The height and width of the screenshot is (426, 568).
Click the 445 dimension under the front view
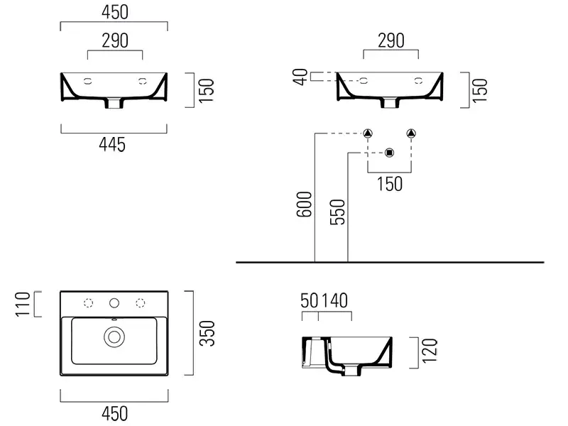(x=113, y=145)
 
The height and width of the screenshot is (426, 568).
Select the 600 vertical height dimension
(x=303, y=207)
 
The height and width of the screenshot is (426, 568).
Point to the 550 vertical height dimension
(x=338, y=212)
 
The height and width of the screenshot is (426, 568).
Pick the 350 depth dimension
(x=207, y=333)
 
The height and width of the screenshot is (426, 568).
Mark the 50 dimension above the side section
(x=309, y=301)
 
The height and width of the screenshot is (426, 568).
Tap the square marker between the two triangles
(x=389, y=152)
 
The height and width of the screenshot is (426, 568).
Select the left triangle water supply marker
(x=368, y=133)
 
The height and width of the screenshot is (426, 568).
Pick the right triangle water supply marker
(x=411, y=133)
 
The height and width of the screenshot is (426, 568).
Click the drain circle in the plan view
(x=114, y=337)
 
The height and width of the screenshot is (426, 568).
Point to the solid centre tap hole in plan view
(x=114, y=303)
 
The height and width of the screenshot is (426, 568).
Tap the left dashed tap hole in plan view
(x=89, y=303)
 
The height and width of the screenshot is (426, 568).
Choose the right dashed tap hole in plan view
(x=139, y=303)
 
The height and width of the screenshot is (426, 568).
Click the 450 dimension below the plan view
(x=114, y=413)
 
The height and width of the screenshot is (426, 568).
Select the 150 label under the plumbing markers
(x=389, y=183)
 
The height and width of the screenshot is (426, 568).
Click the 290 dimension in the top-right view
(x=390, y=40)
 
